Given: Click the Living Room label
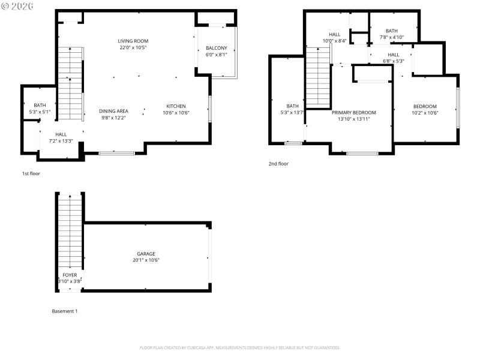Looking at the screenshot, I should [133, 41].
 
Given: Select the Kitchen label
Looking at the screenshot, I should [176, 106].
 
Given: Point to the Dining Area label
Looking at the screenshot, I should [113, 111].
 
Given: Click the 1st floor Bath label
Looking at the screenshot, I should [40, 105].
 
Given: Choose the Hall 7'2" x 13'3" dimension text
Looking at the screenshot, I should [61, 141].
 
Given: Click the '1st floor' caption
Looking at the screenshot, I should [31, 173].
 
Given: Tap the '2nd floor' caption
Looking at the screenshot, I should [278, 163].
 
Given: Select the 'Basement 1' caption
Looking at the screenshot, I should [65, 311].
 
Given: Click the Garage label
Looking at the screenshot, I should [146, 254].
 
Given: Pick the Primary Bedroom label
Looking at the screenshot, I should [354, 112].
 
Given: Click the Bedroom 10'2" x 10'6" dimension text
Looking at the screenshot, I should [425, 113].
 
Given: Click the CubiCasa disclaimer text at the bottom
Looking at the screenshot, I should [240, 347].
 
